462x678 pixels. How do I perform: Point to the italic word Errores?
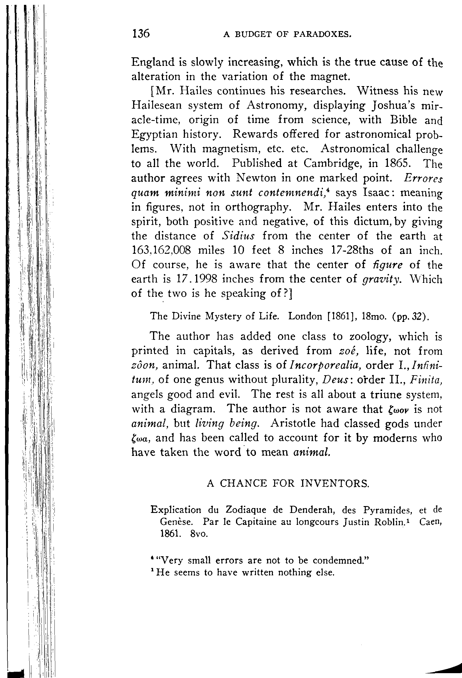coord(423,178)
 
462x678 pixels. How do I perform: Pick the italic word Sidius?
coord(238,236)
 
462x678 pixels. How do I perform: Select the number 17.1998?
coord(197,279)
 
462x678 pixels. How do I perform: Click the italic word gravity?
coord(381,279)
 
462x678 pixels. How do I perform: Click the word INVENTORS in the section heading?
coord(335,484)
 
